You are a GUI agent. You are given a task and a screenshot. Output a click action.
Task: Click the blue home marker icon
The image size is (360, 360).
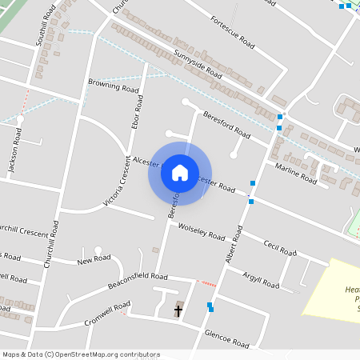(179, 172)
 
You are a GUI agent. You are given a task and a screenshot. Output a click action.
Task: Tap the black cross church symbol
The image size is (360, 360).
(178, 310)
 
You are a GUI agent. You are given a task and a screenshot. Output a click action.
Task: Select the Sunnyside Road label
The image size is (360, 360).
(197, 63)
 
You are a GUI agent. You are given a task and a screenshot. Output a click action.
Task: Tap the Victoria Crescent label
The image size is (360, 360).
(117, 181)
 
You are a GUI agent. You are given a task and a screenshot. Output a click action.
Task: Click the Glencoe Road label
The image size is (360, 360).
(227, 338)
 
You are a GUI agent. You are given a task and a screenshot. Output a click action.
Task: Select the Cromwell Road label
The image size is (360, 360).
(107, 314)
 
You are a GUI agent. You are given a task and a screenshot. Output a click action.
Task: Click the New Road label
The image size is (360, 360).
(94, 261)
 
